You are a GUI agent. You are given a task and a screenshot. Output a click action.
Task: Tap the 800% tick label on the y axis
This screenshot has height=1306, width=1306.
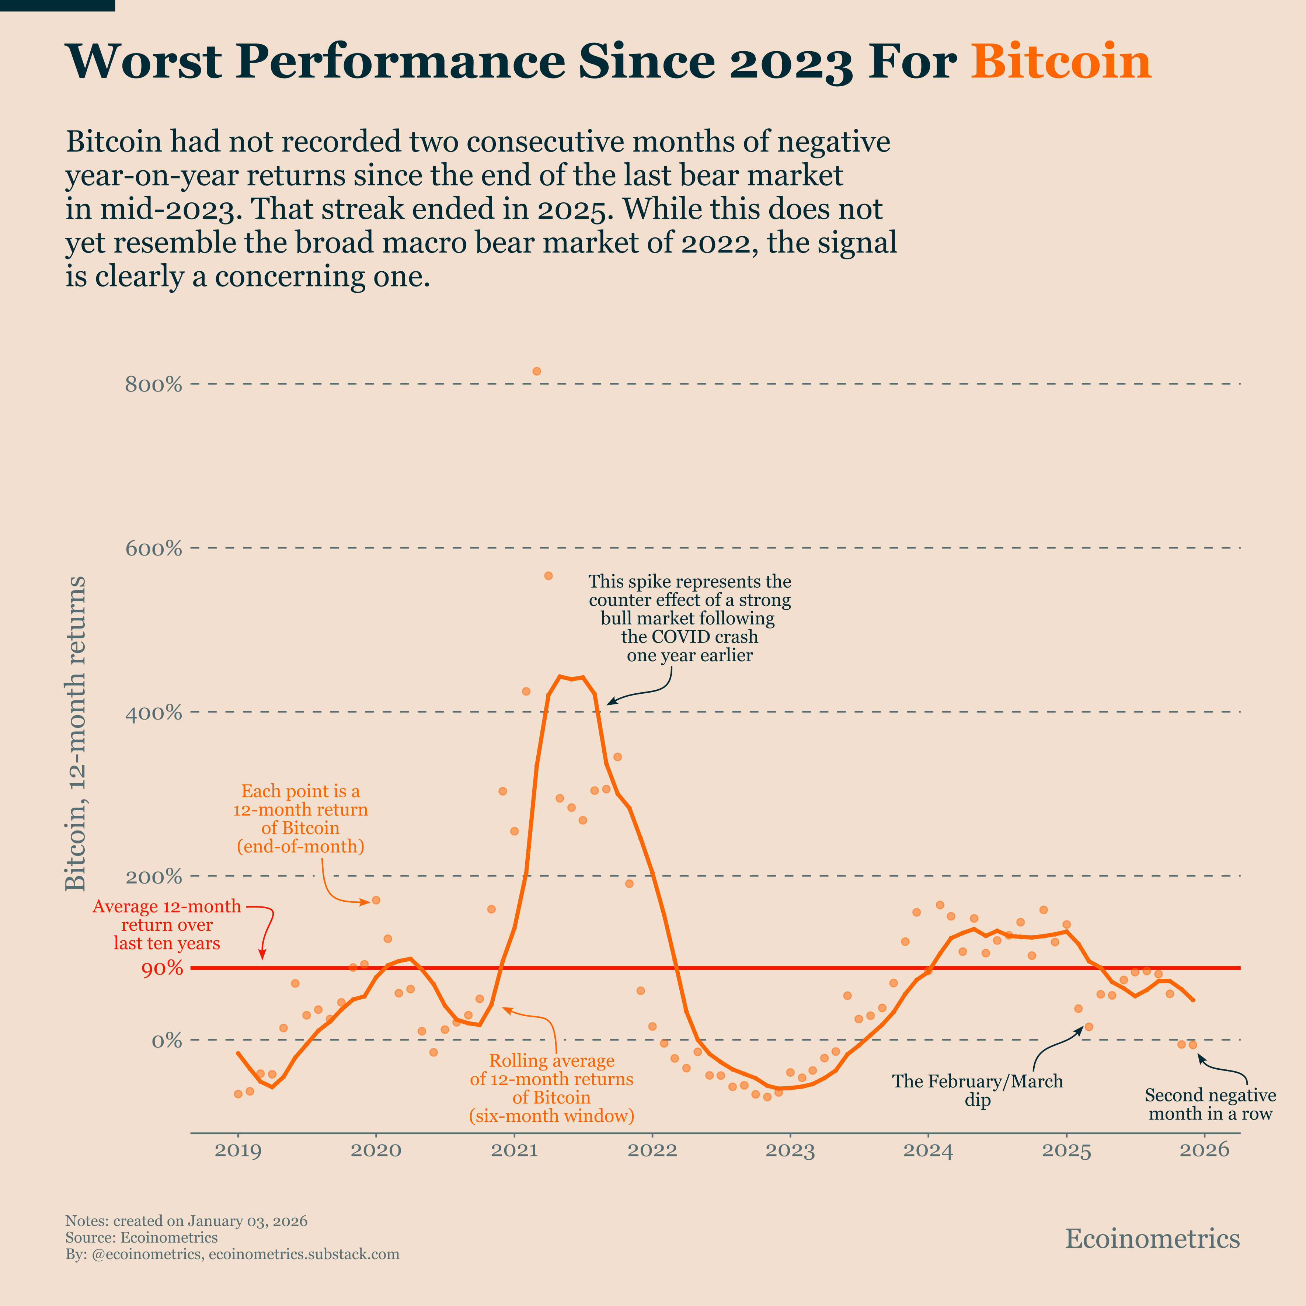coord(153,384)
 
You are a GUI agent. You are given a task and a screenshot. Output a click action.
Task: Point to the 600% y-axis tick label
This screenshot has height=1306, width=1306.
coord(153,548)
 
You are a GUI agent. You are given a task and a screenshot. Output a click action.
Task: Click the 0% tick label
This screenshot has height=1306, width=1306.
coord(166,1040)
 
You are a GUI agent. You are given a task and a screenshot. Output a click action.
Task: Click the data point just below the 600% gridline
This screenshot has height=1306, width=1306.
coord(548,576)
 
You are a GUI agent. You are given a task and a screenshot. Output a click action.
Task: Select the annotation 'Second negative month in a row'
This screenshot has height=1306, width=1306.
coord(1210,1105)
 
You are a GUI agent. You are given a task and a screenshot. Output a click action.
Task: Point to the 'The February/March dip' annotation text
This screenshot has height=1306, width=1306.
coord(978,1090)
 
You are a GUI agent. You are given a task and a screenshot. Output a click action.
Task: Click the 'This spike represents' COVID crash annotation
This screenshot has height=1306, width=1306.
coord(690,619)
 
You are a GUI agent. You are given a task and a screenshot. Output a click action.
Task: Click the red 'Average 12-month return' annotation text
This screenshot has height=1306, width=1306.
coord(167,925)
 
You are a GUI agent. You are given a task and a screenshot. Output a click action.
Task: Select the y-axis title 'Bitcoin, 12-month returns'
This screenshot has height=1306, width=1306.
coord(76,734)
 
